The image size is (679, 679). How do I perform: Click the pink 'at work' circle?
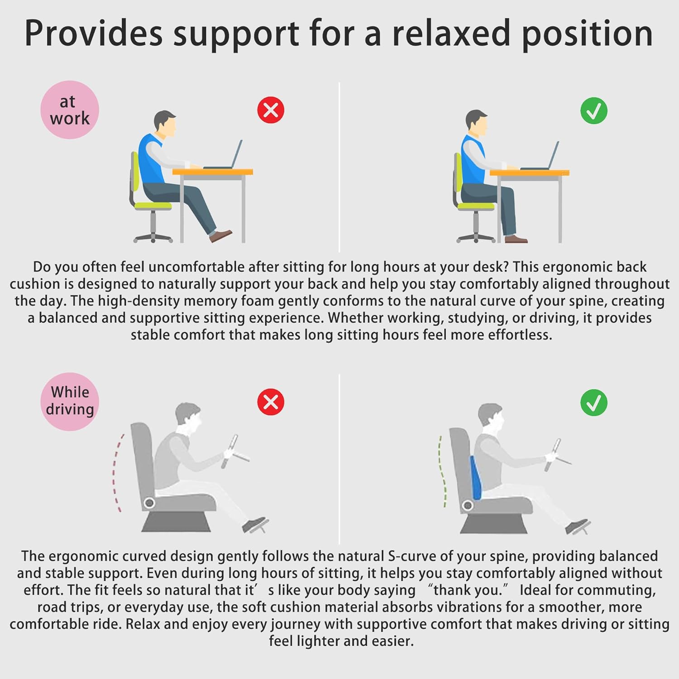point(69,110)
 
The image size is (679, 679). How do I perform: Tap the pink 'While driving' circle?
point(70,402)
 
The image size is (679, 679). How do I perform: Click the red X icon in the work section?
point(271,110)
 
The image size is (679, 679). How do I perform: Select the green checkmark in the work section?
point(594,111)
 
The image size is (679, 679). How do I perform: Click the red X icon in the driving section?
point(271,402)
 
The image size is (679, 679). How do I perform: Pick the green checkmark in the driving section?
point(594,402)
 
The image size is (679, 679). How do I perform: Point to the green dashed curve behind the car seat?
point(441,471)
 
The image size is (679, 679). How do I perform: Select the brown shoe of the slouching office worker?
point(220,235)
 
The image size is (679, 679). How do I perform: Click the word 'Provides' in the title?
point(93,33)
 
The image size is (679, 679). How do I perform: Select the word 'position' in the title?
point(587,34)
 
